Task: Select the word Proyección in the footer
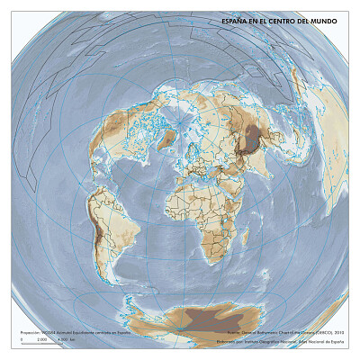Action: click(x=29, y=333)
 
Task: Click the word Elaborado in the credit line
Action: click(x=228, y=342)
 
